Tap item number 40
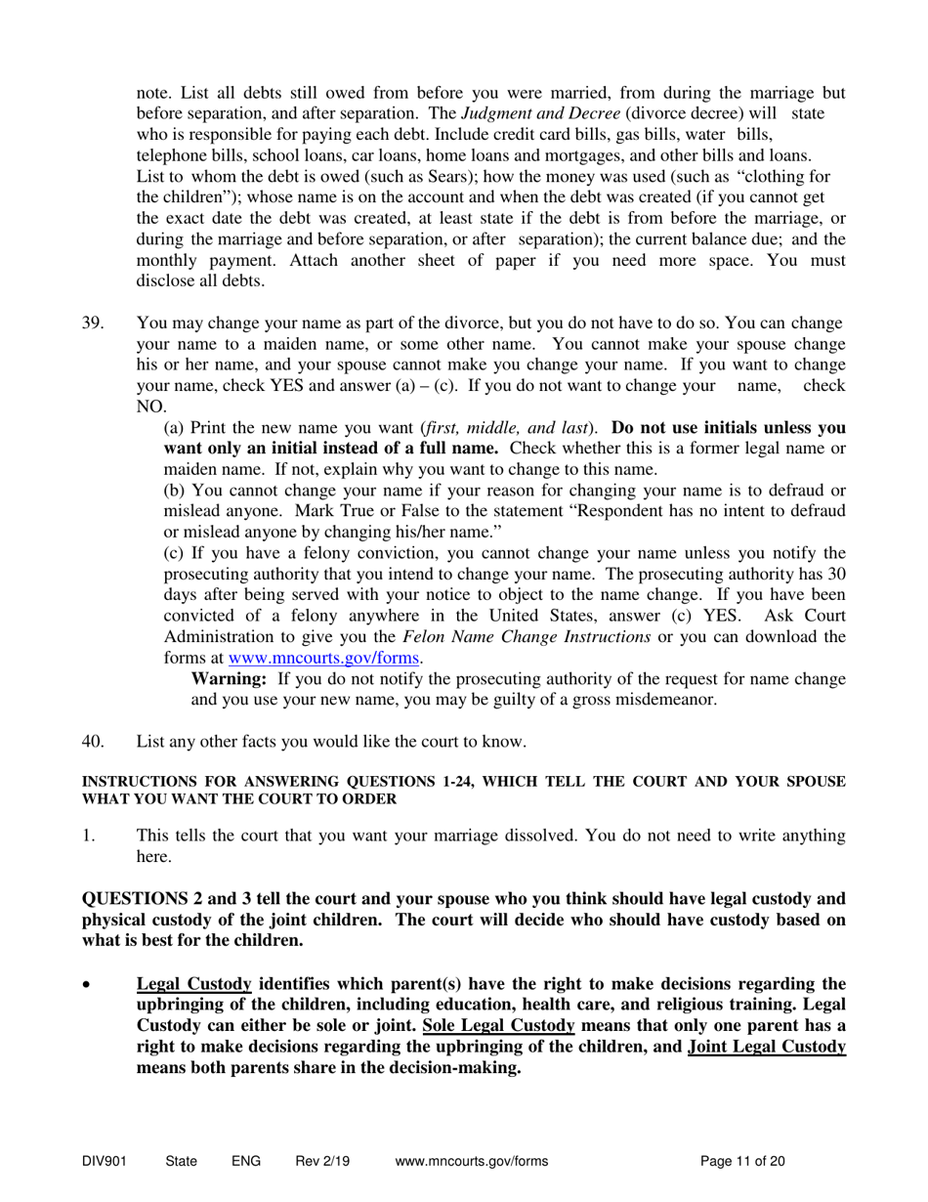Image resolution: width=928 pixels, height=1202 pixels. coord(93,742)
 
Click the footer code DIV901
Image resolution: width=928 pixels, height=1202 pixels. coord(105,1162)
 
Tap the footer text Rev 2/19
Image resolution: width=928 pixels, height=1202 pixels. coord(322,1162)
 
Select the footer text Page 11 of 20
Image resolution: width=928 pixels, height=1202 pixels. coord(742,1162)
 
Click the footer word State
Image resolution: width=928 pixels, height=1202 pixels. coord(182,1162)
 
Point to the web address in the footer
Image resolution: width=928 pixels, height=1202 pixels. coord(472,1162)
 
